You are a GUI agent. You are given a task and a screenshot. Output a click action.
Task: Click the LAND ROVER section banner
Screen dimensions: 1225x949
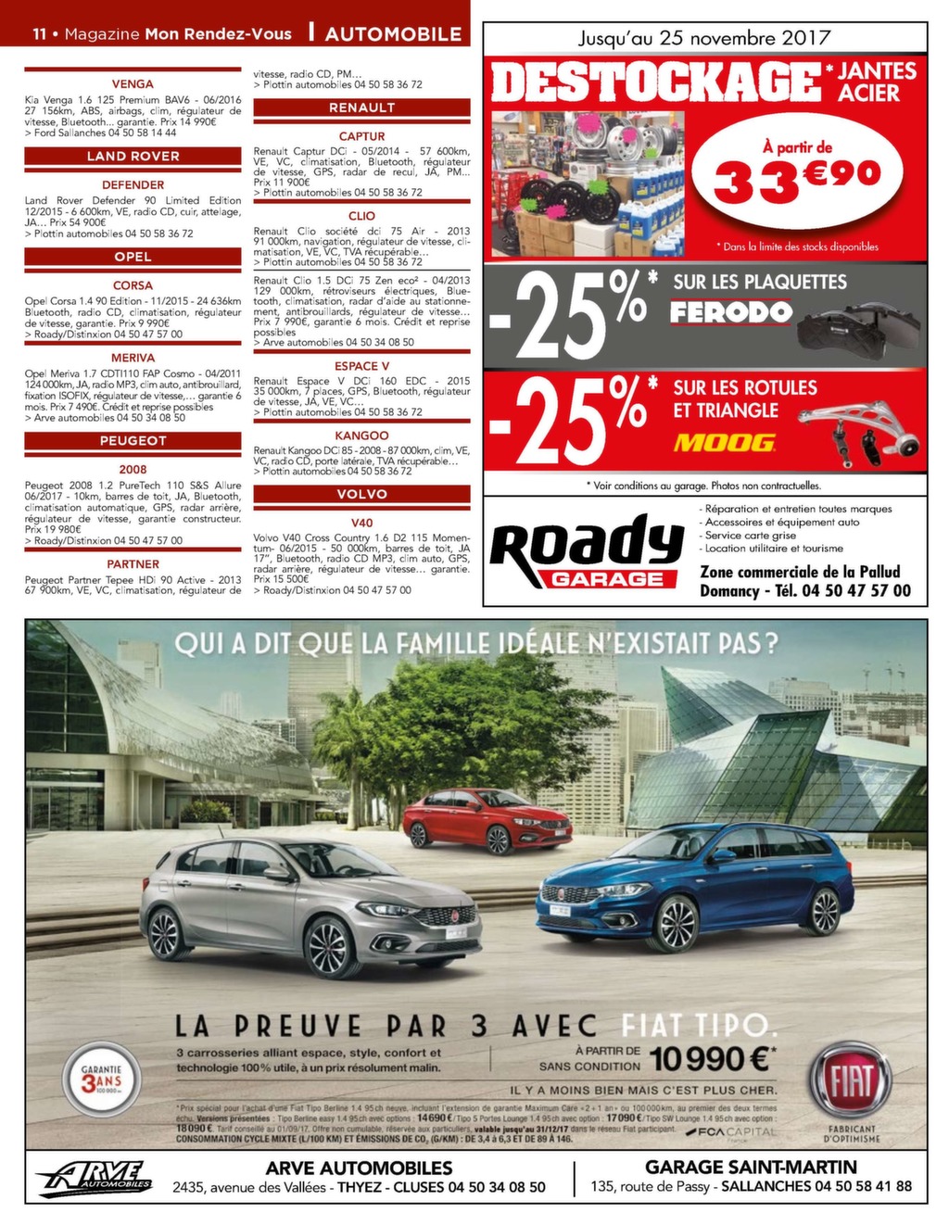pos(133,156)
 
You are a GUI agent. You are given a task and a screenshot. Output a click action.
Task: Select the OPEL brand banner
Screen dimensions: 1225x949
pos(133,257)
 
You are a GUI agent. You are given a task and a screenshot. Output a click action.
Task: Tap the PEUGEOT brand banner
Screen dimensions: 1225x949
pos(133,440)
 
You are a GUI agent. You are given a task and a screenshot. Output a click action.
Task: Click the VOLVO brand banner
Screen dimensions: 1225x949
pos(361,494)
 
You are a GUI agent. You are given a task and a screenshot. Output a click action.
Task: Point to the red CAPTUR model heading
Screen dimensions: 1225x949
pos(361,136)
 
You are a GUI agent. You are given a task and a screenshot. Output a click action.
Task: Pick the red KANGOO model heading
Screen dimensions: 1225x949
pos(361,436)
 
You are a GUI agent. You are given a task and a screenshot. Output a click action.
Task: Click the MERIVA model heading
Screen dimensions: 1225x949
pos(133,358)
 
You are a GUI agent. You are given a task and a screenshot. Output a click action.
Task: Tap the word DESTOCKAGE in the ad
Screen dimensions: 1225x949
pos(656,82)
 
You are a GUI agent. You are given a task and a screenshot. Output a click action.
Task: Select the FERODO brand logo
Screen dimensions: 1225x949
pos(731,312)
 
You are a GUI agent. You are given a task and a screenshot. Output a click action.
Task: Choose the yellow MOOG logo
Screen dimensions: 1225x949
pos(725,443)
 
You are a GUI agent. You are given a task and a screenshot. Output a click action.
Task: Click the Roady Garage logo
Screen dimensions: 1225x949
pos(587,553)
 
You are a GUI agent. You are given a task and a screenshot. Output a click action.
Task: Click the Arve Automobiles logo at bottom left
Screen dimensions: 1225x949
pos(95,1178)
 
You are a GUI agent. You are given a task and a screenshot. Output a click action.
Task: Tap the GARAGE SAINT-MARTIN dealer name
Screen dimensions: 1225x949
pos(750,1168)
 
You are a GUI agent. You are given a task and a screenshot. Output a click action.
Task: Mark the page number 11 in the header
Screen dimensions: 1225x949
pos(40,34)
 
